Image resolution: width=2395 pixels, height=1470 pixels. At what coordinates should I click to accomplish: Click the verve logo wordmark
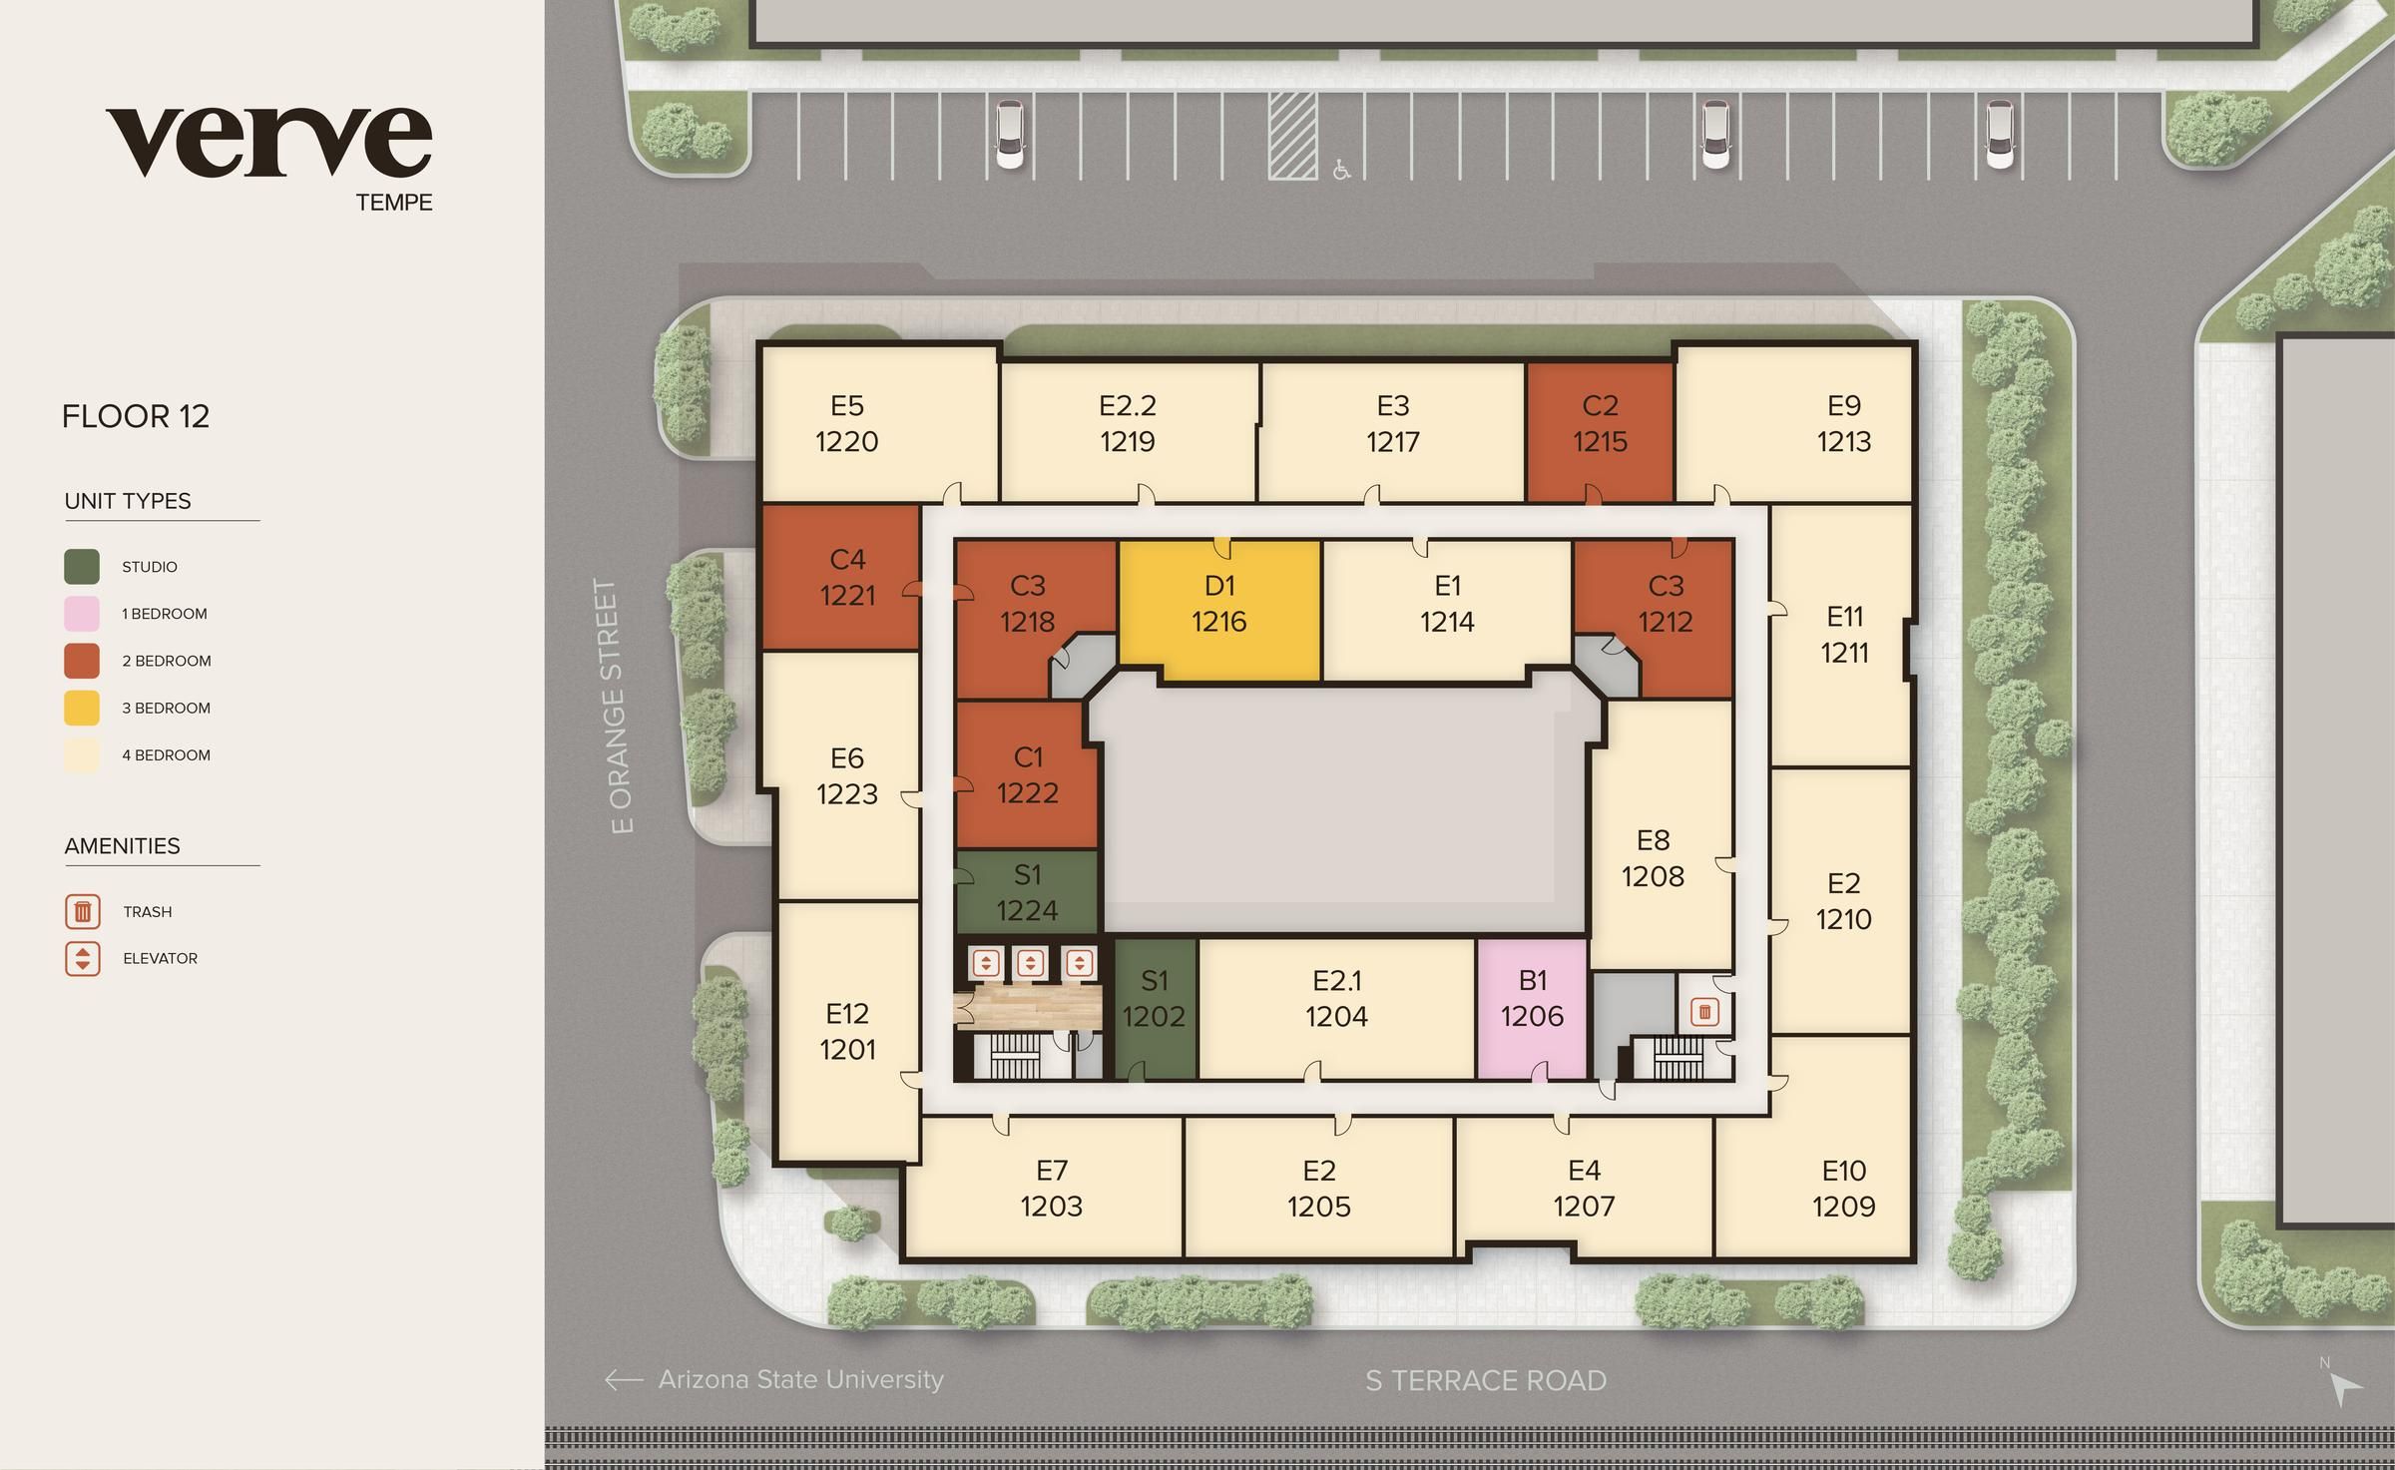tap(268, 143)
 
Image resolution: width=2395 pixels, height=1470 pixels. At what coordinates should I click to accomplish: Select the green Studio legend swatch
tap(82, 567)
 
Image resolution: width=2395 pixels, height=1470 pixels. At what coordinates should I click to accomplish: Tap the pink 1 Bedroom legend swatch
tap(82, 614)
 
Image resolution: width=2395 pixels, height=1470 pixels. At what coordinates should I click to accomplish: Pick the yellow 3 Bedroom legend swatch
tap(82, 708)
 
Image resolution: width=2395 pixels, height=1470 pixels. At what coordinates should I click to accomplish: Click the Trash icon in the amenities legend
tap(83, 911)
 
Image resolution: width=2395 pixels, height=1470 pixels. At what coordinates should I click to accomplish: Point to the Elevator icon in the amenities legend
tap(83, 958)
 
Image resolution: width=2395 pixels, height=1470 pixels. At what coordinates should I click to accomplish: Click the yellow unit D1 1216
tap(1218, 605)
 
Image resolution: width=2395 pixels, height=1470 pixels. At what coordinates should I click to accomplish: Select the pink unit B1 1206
tap(1532, 999)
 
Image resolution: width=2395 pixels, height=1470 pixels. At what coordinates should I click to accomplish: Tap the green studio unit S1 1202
tap(1155, 999)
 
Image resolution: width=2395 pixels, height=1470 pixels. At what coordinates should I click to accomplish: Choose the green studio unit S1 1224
tap(1027, 892)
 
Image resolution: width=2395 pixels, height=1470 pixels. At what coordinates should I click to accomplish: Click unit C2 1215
tap(1600, 424)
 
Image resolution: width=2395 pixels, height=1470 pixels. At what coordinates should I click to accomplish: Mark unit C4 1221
tap(846, 578)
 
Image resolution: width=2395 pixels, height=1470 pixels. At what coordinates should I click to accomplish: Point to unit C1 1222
tap(1027, 775)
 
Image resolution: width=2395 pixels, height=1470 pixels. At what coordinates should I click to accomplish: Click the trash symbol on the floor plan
tap(1704, 1012)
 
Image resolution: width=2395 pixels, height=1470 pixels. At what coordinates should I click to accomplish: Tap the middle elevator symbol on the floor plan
tap(1030, 963)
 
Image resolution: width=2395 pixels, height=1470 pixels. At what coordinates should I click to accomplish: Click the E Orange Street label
tap(620, 707)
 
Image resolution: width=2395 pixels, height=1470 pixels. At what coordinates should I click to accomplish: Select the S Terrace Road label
tap(1486, 1381)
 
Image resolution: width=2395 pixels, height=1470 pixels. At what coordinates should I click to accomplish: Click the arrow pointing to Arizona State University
tap(624, 1380)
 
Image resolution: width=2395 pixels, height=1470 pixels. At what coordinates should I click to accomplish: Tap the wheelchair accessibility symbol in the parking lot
tap(1341, 171)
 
